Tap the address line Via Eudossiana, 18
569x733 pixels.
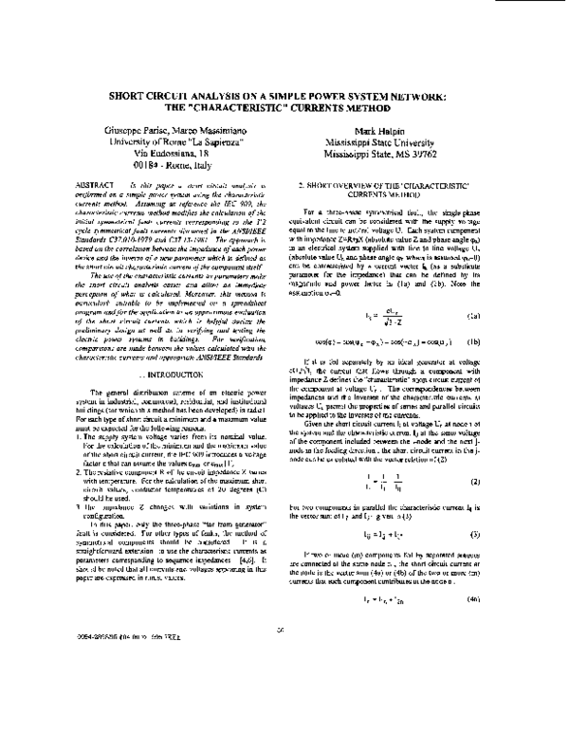173,151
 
